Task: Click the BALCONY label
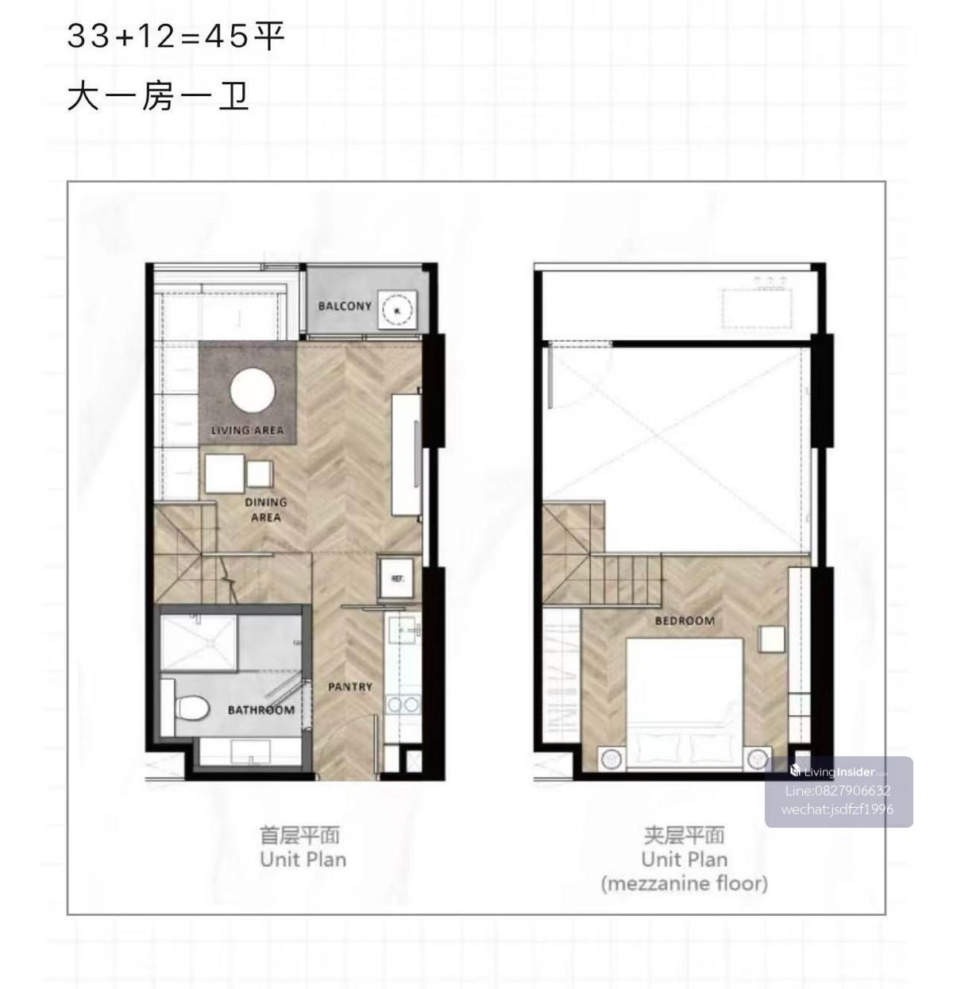(x=345, y=306)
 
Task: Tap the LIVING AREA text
(x=248, y=431)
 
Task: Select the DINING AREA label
(x=266, y=510)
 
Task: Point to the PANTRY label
(x=350, y=687)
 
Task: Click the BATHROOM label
(x=261, y=710)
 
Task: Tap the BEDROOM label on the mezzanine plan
(x=685, y=620)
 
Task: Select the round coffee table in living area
(x=253, y=391)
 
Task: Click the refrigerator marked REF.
(x=395, y=578)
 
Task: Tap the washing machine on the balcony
(x=397, y=310)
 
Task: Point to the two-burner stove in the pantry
(x=404, y=705)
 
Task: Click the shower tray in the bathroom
(x=199, y=643)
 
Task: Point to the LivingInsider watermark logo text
(x=839, y=772)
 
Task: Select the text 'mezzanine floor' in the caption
(x=685, y=883)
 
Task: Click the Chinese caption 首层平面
(x=299, y=836)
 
